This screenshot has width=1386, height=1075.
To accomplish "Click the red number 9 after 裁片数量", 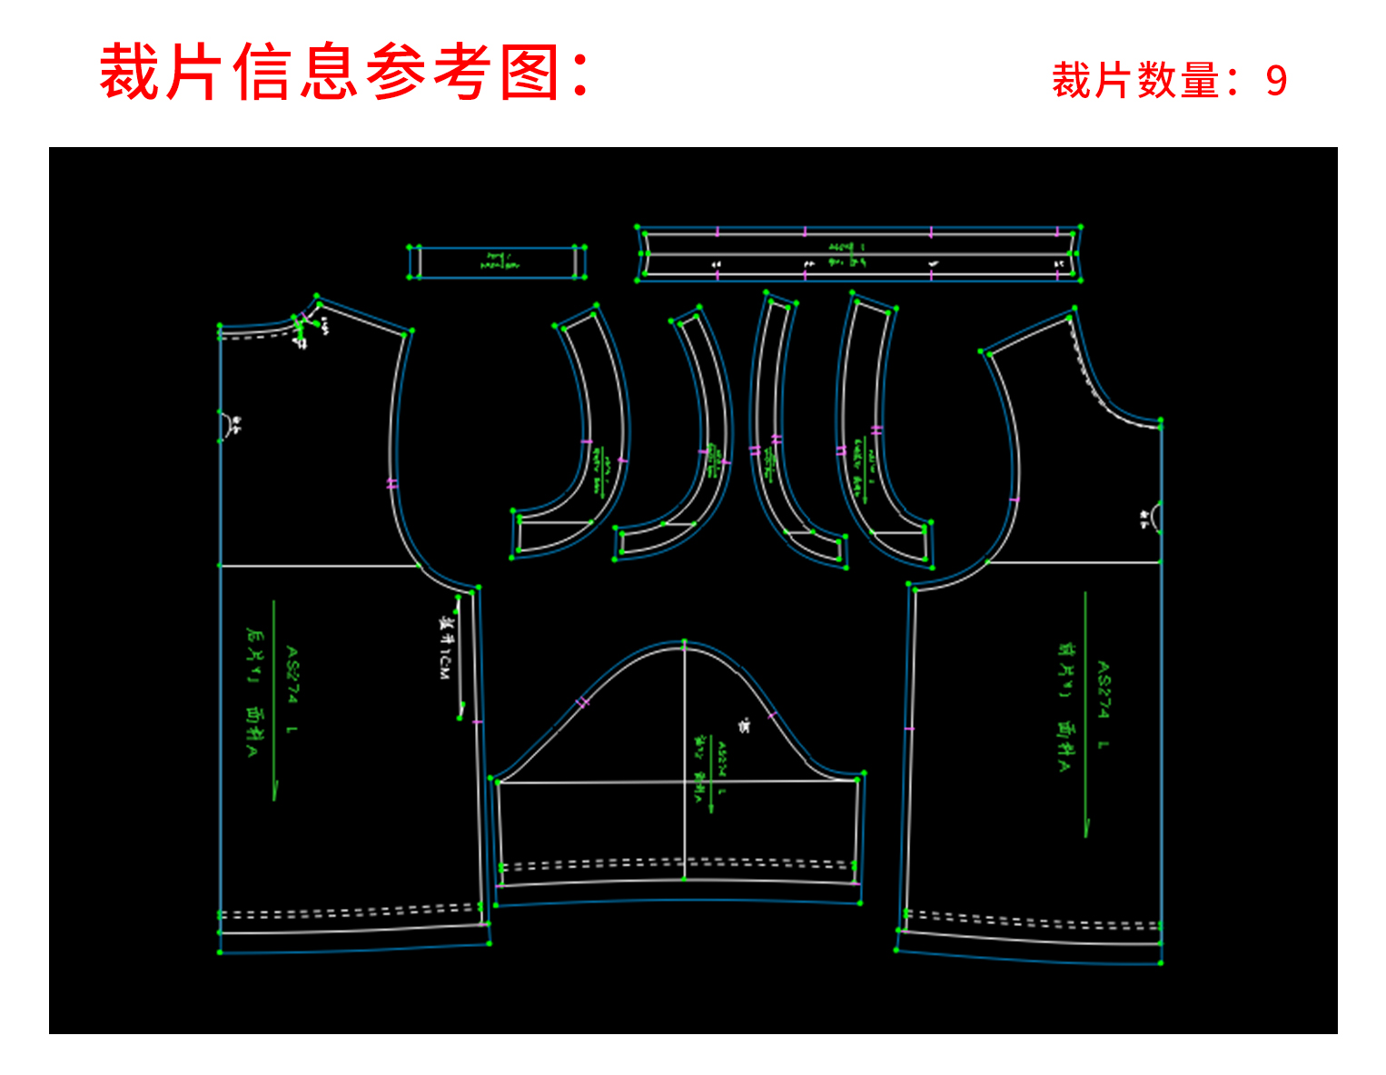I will (x=1276, y=81).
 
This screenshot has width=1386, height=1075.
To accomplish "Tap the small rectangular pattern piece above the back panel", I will (x=497, y=262).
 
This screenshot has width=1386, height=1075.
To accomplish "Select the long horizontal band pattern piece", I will (x=858, y=254).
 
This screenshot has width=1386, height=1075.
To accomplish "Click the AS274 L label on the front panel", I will (x=1103, y=705).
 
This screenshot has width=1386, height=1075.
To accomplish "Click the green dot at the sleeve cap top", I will (x=685, y=642).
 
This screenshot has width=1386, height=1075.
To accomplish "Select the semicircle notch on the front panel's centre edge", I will (x=1155, y=518).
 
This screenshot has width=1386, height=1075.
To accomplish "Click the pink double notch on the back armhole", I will (x=392, y=484).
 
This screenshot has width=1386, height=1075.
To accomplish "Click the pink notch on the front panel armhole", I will (x=1015, y=499).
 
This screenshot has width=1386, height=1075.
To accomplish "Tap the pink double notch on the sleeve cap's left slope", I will (x=583, y=702).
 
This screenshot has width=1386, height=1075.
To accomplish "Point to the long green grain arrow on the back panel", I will (x=273, y=699).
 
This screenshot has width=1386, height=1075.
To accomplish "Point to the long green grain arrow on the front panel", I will (x=1085, y=713).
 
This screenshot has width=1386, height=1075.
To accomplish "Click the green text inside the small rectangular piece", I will (x=497, y=261).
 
